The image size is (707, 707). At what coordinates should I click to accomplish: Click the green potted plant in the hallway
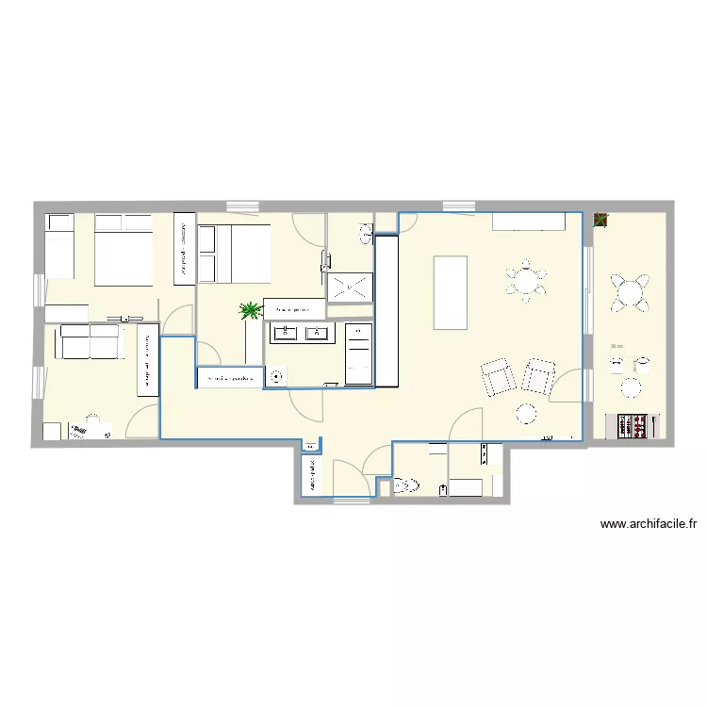(250, 309)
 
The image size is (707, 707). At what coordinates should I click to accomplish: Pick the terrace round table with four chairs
(630, 293)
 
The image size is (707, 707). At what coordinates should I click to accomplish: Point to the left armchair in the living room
(499, 376)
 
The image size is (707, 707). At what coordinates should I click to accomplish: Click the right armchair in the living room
(538, 375)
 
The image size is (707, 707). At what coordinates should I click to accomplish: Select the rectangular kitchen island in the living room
(451, 291)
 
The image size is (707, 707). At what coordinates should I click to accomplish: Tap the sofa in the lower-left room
(89, 341)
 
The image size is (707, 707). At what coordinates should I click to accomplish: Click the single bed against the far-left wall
(59, 247)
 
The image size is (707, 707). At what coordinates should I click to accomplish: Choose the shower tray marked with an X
(350, 288)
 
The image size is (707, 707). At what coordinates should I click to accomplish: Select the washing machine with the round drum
(276, 377)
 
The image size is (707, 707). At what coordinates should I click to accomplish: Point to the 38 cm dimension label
(617, 347)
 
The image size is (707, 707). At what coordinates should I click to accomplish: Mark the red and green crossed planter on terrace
(600, 221)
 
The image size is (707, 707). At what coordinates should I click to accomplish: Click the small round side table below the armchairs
(525, 413)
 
